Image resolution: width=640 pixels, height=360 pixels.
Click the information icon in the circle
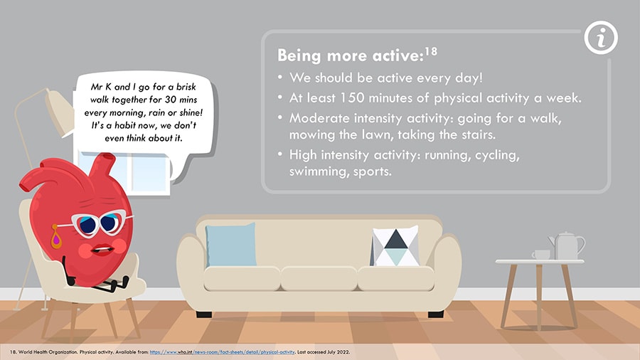pyautogui.click(x=601, y=38)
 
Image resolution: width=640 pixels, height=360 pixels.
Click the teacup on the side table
pyautogui.click(x=541, y=255)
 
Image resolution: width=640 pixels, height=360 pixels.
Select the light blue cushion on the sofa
pyautogui.click(x=230, y=245)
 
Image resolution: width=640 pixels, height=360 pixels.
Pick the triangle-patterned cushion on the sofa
pyautogui.click(x=395, y=246)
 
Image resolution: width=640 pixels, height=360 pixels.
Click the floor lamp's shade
pyautogui.click(x=60, y=112)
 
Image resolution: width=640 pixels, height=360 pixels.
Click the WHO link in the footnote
pyautogui.click(x=222, y=352)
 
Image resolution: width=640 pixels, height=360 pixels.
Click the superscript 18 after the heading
pyautogui.click(x=431, y=51)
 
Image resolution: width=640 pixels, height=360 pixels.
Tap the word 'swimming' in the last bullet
pyautogui.click(x=318, y=171)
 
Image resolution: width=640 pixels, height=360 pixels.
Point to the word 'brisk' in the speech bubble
pyautogui.click(x=186, y=87)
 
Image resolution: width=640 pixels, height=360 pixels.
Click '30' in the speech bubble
pyautogui.click(x=170, y=100)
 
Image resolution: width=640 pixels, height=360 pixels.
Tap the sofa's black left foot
pyautogui.click(x=204, y=314)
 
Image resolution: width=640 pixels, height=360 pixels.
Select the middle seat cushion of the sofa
pyautogui.click(x=319, y=278)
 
